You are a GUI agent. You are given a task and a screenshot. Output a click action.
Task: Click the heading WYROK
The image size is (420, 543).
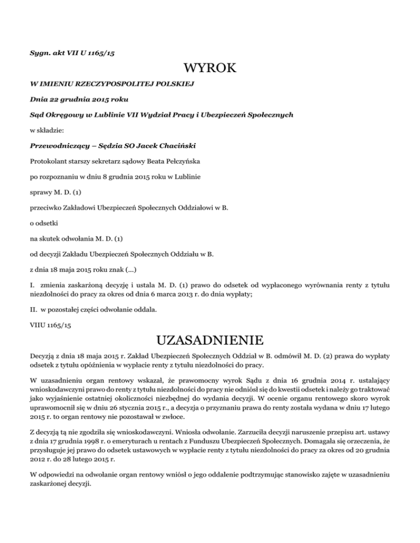(x=210, y=69)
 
